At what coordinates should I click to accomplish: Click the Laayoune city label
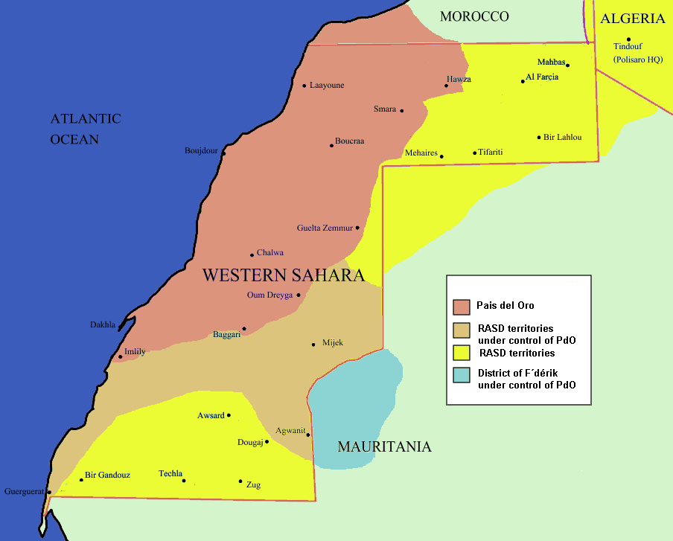[327, 86]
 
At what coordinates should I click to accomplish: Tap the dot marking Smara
[402, 111]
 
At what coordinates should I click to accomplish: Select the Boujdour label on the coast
[201, 151]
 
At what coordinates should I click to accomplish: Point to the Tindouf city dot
[628, 39]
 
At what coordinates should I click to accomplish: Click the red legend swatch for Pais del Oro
[462, 306]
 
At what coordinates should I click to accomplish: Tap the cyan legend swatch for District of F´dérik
[462, 376]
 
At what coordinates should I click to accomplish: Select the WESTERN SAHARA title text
[283, 275]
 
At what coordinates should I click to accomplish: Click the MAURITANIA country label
[384, 447]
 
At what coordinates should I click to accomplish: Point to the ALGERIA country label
[632, 19]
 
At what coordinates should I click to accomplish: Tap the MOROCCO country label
[473, 16]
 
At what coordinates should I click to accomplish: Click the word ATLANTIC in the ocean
[86, 119]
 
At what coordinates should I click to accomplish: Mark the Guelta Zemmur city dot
[357, 228]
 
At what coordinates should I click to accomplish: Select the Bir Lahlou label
[563, 138]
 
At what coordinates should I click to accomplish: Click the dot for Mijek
[313, 345]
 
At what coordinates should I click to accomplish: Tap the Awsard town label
[211, 415]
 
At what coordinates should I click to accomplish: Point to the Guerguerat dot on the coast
[49, 491]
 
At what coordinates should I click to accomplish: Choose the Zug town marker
[240, 481]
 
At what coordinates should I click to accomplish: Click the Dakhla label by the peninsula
[103, 325]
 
